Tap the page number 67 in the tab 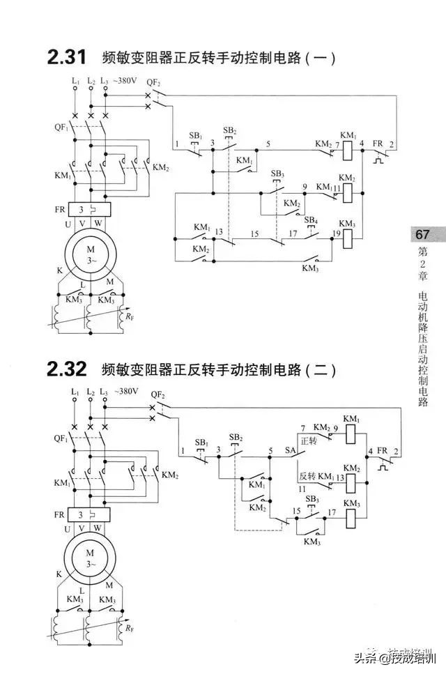pos(422,234)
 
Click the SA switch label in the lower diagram pos(291,451)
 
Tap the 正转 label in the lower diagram pos(309,441)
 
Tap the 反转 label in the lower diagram pos(307,476)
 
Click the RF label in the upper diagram pos(130,316)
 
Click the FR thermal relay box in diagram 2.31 pos(90,209)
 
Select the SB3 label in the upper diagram pos(277,173)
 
